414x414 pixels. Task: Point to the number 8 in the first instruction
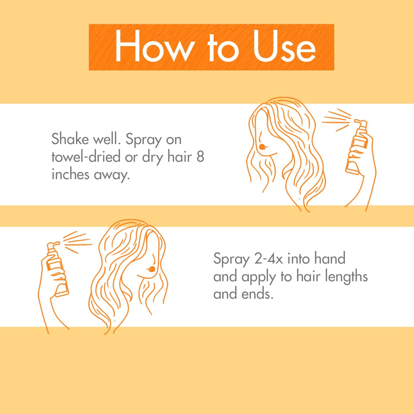[200, 156]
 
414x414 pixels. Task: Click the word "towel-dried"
[86, 156]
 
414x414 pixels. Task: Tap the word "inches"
[70, 174]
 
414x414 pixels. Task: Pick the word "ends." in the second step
[258, 294]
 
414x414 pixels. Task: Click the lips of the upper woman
[262, 146]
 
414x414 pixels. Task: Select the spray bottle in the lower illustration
[57, 269]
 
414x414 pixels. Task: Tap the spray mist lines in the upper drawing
[336, 120]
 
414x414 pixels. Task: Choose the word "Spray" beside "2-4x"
[231, 260]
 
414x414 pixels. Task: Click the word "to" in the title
[223, 47]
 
